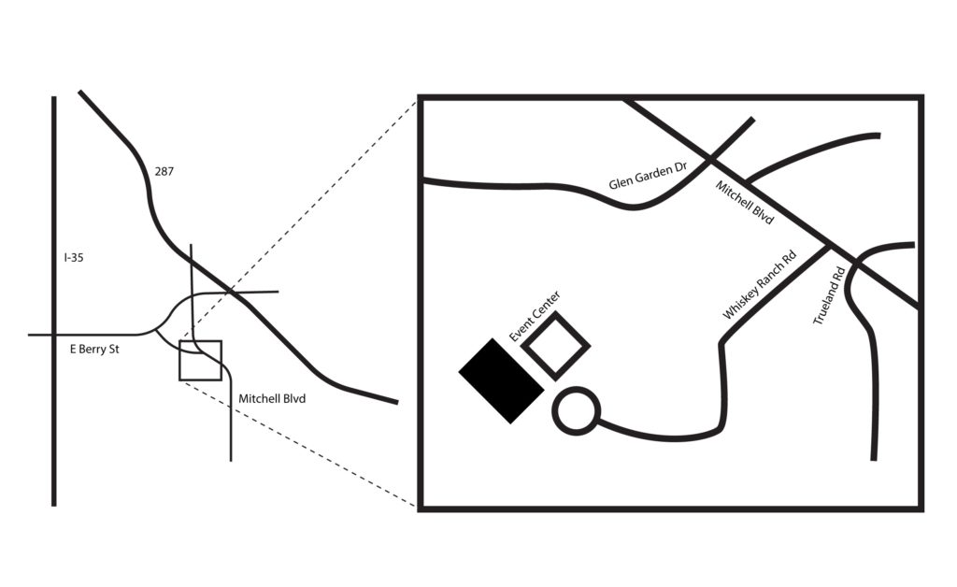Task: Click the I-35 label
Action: tap(74, 257)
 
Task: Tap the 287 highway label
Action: tap(164, 171)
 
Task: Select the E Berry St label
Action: tap(94, 350)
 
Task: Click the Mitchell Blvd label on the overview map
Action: tap(272, 398)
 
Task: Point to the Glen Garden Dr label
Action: tap(649, 177)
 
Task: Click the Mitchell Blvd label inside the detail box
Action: tap(745, 202)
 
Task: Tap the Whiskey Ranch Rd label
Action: tap(760, 284)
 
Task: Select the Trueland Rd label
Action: tap(829, 295)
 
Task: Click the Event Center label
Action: tap(535, 316)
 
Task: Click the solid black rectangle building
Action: tap(501, 380)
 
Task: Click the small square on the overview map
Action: tap(179, 361)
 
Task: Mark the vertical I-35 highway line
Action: tap(53, 301)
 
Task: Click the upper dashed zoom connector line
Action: tap(298, 221)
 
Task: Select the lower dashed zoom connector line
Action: tap(298, 444)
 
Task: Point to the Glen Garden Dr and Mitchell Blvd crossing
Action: tap(710, 160)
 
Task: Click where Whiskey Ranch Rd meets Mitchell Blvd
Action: tap(830, 247)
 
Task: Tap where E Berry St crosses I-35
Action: tap(53, 335)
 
